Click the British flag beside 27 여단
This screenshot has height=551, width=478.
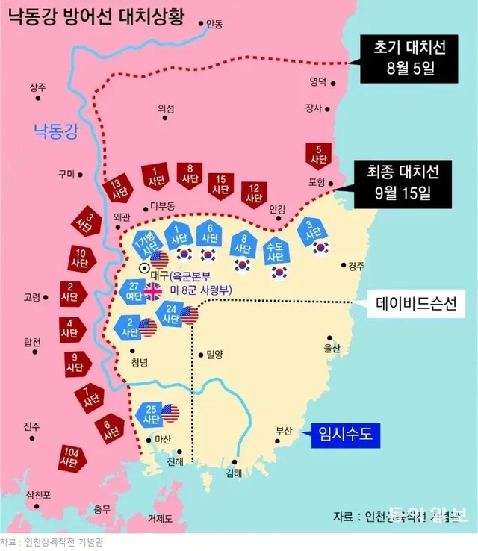(152, 291)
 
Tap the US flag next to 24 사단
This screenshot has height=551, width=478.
(190, 316)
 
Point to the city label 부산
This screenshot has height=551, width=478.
(283, 430)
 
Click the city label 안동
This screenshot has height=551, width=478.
(214, 25)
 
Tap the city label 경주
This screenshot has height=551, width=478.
(356, 266)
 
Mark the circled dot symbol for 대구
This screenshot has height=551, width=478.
(144, 267)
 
